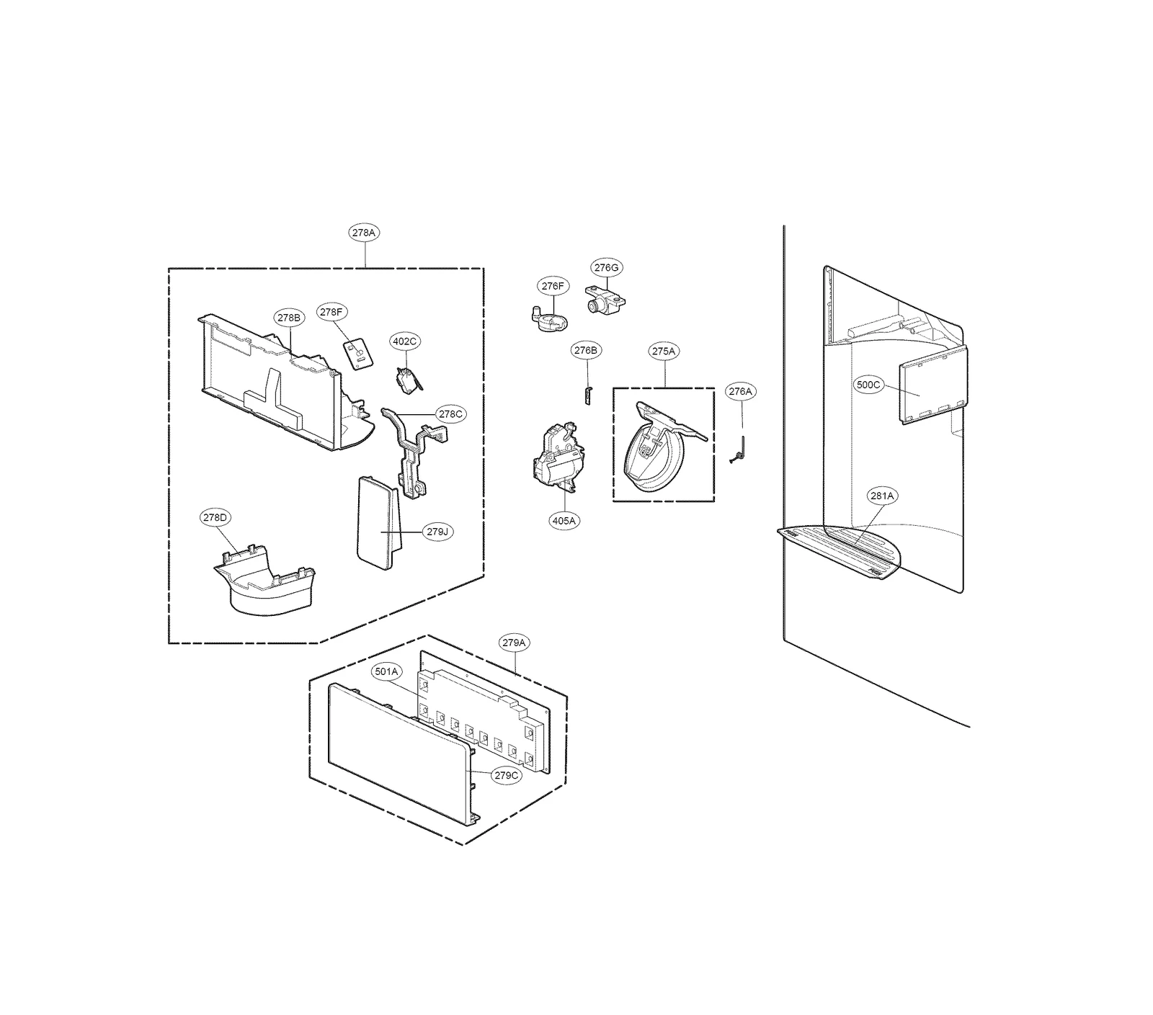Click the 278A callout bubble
365,233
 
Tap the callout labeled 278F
332,312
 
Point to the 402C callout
405,341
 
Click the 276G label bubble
607,267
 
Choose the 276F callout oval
553,286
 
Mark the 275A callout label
664,351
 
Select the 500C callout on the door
868,385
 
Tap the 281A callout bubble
882,496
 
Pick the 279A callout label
515,642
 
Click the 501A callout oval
386,671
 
